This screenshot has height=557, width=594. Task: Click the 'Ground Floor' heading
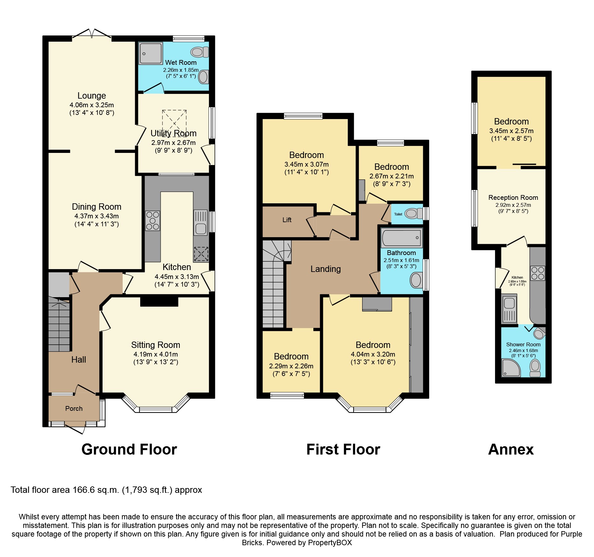pos(129,449)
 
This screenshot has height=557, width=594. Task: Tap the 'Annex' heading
pos(511,449)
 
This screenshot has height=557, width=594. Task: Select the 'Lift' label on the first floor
pos(287,220)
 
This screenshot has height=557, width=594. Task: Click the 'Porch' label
pos(74,409)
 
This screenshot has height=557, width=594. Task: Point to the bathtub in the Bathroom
pos(401,238)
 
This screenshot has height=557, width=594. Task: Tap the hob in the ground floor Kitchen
pos(152,221)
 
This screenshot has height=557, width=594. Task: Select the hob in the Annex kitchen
pos(538,273)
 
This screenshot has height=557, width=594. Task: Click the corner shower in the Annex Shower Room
pos(511,368)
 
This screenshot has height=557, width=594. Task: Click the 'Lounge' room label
pos(92,96)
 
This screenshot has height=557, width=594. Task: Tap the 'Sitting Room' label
pos(156,345)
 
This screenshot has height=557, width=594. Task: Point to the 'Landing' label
pos(326,269)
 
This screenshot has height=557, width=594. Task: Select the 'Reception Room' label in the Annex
pos(513,198)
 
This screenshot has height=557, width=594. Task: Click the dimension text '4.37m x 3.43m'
pos(96,216)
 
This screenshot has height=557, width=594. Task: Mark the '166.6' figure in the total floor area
pos(84,490)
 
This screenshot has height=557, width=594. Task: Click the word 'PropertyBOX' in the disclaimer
pos(330,543)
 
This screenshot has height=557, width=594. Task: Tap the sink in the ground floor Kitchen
pos(201,223)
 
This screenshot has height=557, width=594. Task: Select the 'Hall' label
pos(79,360)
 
